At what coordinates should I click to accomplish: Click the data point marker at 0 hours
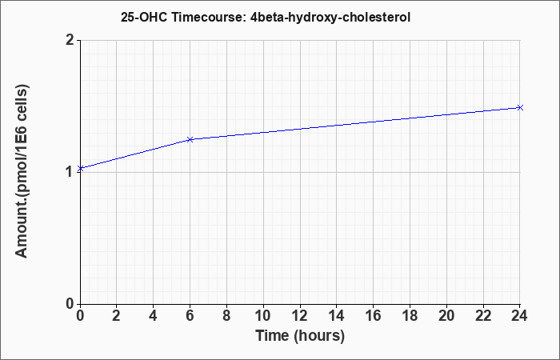coord(80,168)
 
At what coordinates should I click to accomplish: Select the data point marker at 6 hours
coord(190,139)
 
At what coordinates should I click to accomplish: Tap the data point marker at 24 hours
coord(520,107)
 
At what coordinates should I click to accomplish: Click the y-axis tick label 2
coord(70,40)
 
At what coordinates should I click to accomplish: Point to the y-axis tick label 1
coord(70,172)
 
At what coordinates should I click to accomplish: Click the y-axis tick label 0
coord(70,304)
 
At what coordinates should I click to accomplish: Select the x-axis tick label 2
coord(117,316)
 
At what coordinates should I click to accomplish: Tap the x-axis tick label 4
coord(154,316)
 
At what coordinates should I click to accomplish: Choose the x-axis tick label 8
coord(226,316)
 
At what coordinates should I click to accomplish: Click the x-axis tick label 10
coord(263,316)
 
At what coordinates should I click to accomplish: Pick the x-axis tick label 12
coord(300,316)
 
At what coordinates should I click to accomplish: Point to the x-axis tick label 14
coord(337,316)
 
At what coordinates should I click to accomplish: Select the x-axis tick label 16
coord(374,316)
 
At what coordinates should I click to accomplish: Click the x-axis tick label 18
coord(410,316)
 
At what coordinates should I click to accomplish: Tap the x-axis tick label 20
coord(446,316)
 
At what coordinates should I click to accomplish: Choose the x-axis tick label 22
coord(483,316)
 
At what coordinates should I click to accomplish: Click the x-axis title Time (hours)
coord(300,336)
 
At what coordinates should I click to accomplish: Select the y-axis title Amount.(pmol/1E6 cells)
coord(22,171)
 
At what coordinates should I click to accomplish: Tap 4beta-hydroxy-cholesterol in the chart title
coord(330,18)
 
